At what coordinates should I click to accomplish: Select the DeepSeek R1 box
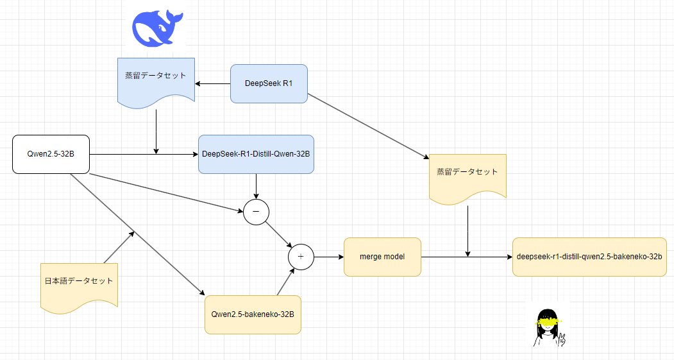click(269, 83)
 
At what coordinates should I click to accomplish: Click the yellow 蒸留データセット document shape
click(468, 176)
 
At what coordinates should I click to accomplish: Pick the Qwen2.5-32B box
click(50, 154)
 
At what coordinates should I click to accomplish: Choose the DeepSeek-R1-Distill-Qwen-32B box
click(256, 154)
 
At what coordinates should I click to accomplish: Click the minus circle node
click(256, 211)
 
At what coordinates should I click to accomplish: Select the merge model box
click(382, 257)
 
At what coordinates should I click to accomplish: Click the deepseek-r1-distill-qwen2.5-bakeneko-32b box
click(589, 257)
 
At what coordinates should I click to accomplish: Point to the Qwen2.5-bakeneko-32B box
click(253, 314)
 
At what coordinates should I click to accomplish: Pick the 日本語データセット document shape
click(79, 284)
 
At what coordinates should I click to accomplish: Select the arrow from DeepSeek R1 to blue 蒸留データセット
click(213, 83)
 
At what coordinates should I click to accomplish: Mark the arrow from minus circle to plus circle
click(279, 234)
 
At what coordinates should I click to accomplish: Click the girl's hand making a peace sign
click(562, 339)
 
